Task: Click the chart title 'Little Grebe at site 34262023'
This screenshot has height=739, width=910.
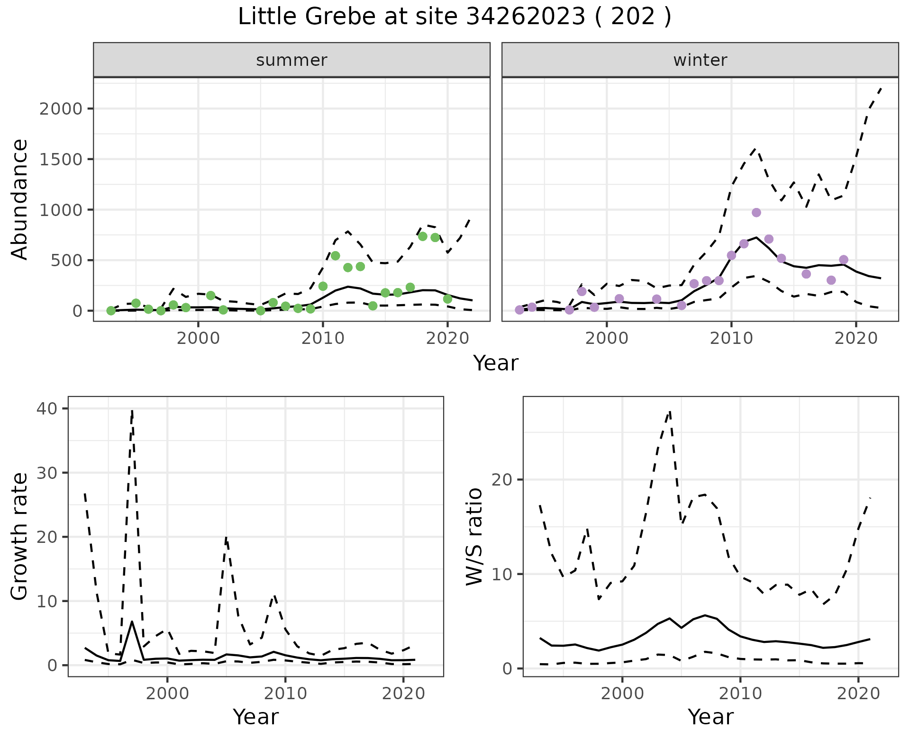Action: pos(454,17)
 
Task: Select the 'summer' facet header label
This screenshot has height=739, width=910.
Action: pos(291,60)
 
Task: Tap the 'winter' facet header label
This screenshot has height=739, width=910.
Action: pos(700,60)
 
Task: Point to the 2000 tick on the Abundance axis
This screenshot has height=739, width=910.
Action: pos(61,109)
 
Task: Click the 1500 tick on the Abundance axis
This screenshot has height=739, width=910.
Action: pos(61,159)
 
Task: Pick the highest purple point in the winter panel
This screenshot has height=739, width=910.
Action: pos(756,212)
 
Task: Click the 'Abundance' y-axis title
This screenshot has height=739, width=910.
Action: pos(20,199)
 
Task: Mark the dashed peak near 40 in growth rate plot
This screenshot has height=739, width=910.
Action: pos(132,410)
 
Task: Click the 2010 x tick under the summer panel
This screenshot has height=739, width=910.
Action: pos(323,339)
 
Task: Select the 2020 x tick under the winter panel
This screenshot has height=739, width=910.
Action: pos(856,339)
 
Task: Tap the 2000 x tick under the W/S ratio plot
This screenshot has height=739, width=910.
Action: pos(622,694)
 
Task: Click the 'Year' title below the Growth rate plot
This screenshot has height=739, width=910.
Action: pos(256,717)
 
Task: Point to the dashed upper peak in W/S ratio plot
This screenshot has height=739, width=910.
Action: pos(670,411)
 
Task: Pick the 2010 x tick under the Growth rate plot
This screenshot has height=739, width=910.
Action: pos(285,694)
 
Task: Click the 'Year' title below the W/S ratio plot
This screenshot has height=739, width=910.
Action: pos(710,717)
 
